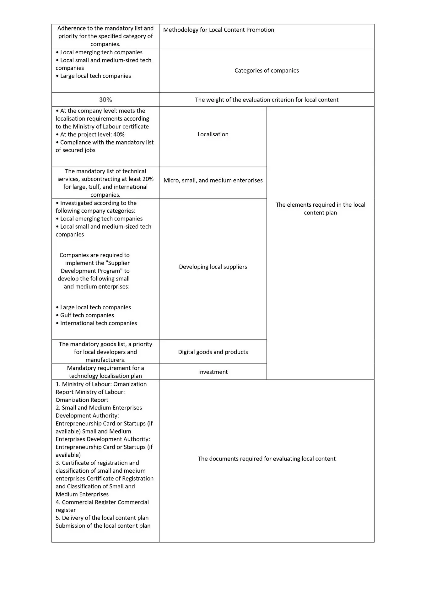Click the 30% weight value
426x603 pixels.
(105, 100)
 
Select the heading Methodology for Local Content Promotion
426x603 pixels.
(218, 30)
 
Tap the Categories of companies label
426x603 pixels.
(267, 71)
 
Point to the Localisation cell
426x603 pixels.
(213, 134)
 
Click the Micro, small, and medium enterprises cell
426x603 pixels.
(213, 180)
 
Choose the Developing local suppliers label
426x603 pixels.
(213, 267)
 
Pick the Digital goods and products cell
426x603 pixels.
(213, 352)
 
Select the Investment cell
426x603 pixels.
(213, 372)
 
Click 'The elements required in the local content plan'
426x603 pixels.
(320, 209)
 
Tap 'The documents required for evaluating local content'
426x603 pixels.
(267, 459)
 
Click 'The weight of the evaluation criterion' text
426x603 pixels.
(267, 100)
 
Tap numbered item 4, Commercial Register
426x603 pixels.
(102, 502)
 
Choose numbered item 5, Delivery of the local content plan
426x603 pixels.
(102, 518)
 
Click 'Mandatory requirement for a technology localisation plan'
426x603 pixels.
(105, 372)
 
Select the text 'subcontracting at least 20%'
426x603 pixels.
(117, 179)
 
